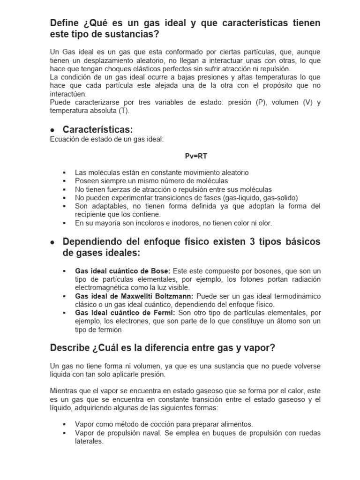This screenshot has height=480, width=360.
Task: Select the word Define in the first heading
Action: coord(67,23)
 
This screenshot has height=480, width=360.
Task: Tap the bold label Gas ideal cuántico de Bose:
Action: coord(123,271)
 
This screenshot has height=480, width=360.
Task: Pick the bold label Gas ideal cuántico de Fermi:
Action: coord(125,313)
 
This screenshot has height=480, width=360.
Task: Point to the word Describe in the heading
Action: coord(70,348)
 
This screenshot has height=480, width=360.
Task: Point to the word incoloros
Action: coord(148,223)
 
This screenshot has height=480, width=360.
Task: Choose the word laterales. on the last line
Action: coord(89,442)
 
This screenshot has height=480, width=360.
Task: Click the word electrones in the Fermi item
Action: coord(122,321)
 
